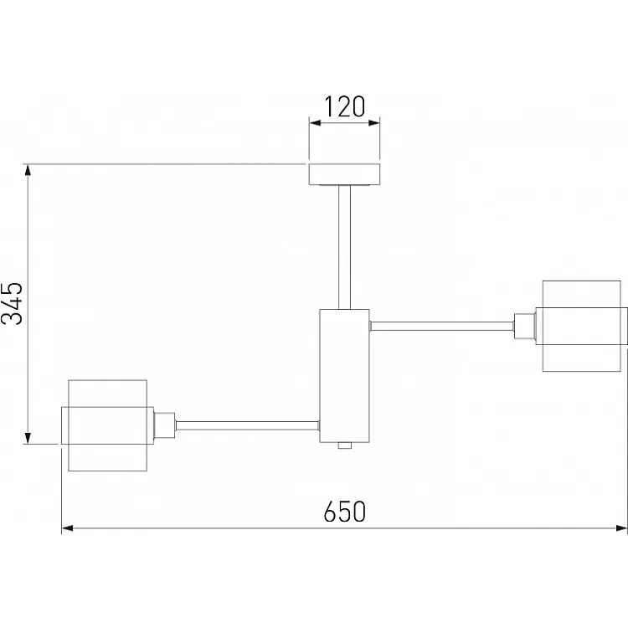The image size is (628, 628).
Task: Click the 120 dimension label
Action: [x=344, y=106]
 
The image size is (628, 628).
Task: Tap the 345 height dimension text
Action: [x=12, y=303]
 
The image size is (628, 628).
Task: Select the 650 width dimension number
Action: [x=344, y=512]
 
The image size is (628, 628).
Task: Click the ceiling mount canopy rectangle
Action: [x=344, y=174]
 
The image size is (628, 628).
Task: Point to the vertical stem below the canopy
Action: [x=344, y=247]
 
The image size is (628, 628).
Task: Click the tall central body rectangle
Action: [x=344, y=376]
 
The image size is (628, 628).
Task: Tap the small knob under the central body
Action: [x=345, y=445]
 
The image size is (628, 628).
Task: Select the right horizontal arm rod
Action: [x=442, y=326]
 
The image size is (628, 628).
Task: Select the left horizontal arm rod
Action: [x=248, y=425]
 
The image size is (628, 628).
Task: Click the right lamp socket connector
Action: [x=525, y=326]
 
